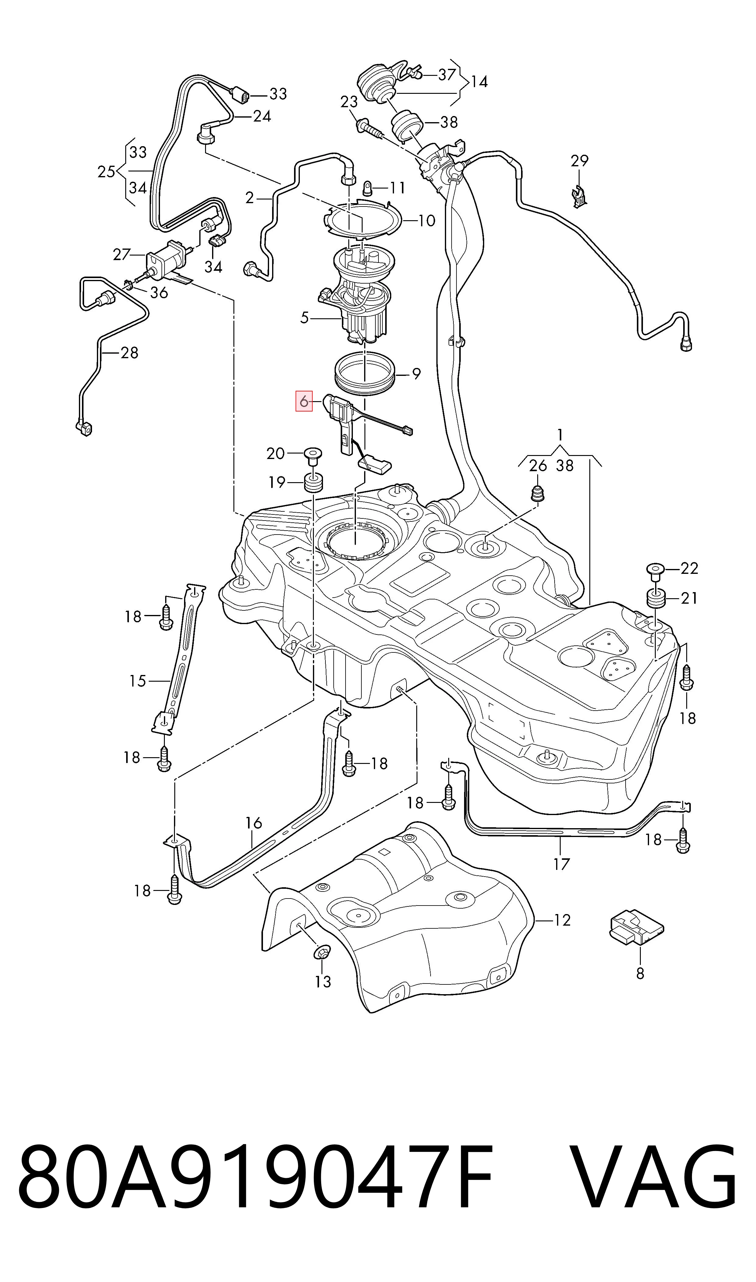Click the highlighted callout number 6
[x=304, y=401]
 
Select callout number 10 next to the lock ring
[x=426, y=221]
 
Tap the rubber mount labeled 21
[x=656, y=599]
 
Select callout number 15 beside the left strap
[x=137, y=681]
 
